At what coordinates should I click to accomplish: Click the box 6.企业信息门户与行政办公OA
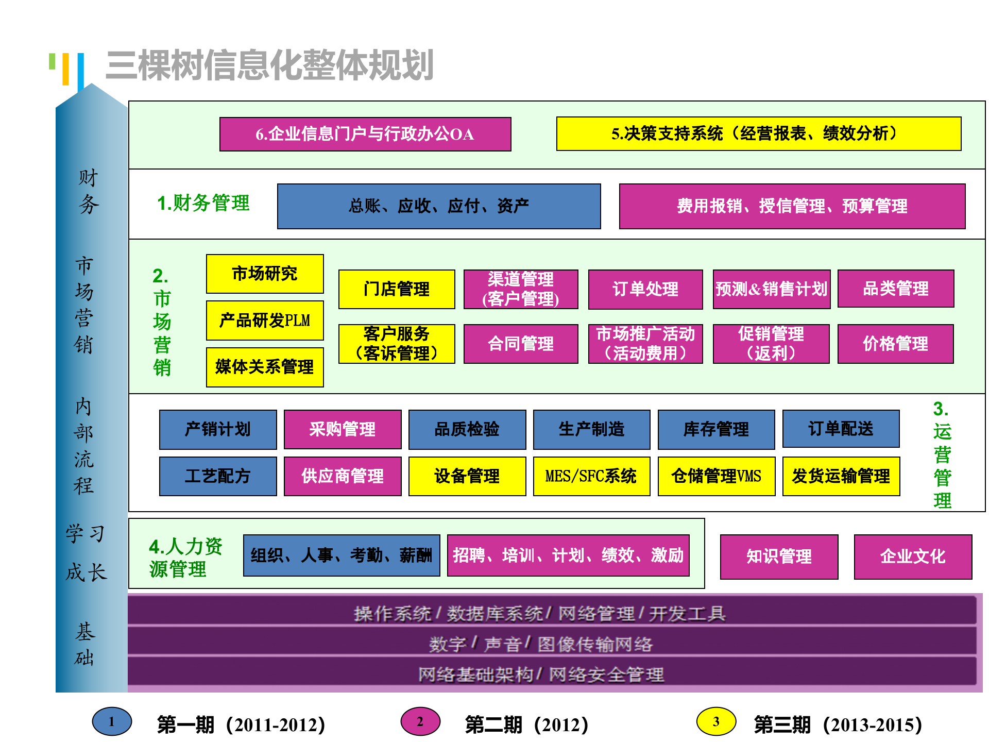click(x=365, y=134)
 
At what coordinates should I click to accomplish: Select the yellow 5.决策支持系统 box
click(x=758, y=134)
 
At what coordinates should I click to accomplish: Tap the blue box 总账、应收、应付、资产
click(x=439, y=206)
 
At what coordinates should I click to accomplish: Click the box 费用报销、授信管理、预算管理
click(x=792, y=206)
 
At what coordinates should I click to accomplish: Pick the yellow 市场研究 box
click(x=265, y=274)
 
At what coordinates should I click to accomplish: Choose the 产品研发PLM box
click(x=265, y=321)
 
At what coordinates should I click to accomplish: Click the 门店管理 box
click(x=397, y=289)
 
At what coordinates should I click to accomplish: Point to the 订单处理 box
click(x=645, y=289)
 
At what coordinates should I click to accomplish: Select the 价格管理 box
click(x=895, y=344)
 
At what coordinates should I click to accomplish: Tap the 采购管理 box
click(x=343, y=429)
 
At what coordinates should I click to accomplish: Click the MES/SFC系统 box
click(x=591, y=476)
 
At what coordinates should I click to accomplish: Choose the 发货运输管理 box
click(x=841, y=476)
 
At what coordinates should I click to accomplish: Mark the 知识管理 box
click(x=779, y=556)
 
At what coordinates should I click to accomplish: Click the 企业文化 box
click(x=913, y=556)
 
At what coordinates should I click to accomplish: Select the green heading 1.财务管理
click(x=203, y=203)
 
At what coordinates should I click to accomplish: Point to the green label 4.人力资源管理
click(x=185, y=558)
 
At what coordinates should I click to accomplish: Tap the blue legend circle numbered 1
click(x=112, y=721)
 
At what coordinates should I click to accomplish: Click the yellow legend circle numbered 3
click(x=716, y=721)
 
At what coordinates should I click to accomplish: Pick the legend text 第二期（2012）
click(x=526, y=724)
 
